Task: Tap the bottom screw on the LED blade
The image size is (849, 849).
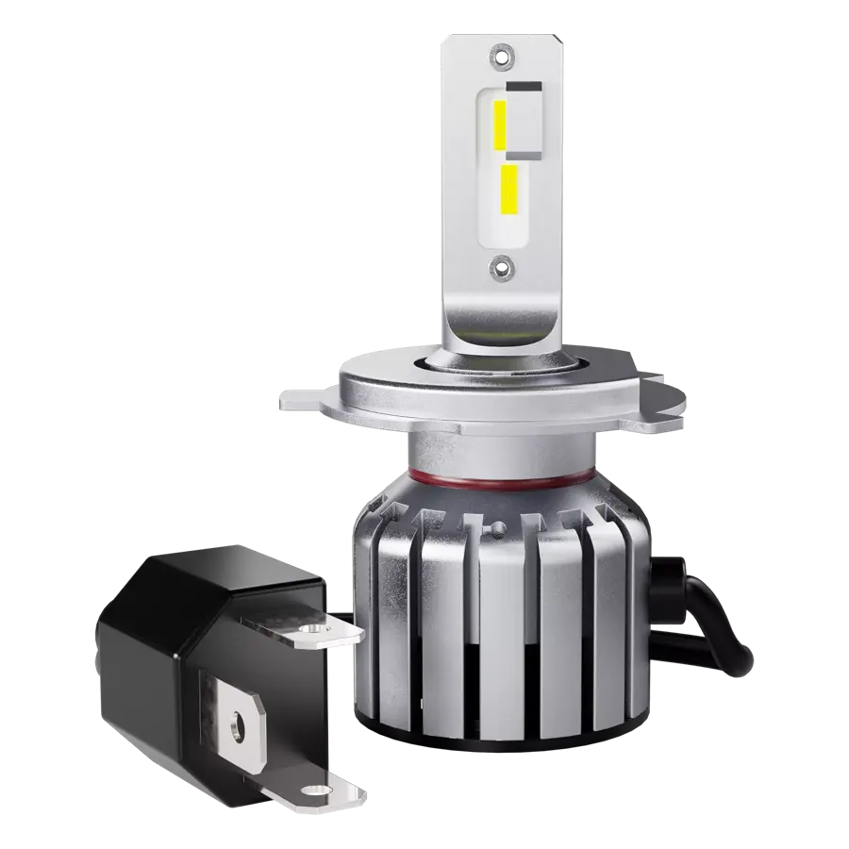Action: tap(501, 268)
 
